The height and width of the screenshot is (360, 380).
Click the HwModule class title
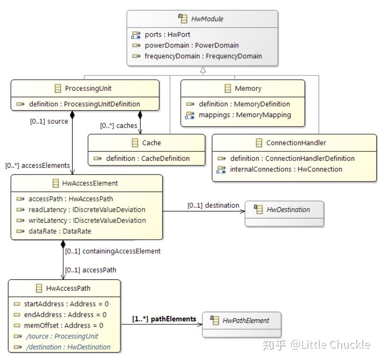click(207, 19)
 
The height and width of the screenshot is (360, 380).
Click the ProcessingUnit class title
click(88, 88)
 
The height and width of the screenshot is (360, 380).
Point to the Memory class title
click(248, 88)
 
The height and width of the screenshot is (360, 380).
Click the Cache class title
click(151, 143)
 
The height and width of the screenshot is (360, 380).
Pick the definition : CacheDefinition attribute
click(148, 158)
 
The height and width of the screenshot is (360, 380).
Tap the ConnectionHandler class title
click(296, 142)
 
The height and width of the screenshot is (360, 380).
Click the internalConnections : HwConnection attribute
click(286, 169)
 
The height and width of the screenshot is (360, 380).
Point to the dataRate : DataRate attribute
click(60, 231)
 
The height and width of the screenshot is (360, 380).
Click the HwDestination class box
click(284, 213)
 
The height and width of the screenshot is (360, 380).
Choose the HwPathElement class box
click(242, 324)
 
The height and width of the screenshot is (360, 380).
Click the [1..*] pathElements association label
click(164, 319)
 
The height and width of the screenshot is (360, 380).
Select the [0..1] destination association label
click(213, 205)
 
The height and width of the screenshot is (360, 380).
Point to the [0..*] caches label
click(119, 126)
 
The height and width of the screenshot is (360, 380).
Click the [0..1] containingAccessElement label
click(112, 251)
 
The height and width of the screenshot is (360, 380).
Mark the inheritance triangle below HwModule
click(202, 70)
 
